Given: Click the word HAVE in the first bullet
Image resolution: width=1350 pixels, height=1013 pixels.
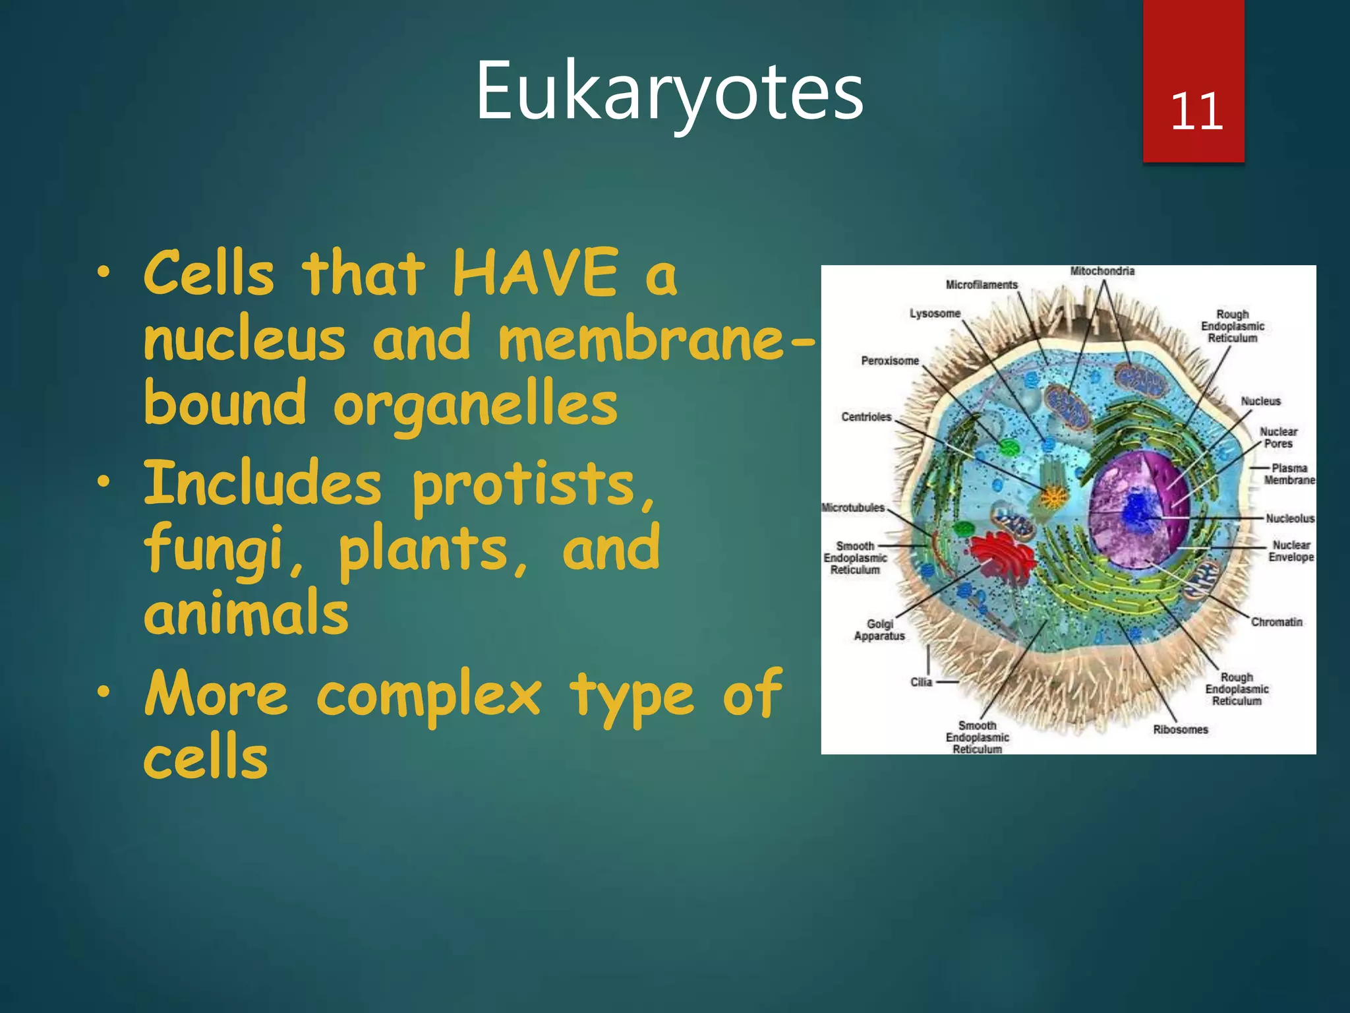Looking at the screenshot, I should coord(535,273).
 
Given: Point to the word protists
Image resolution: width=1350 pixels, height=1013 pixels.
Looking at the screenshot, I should coord(524,484).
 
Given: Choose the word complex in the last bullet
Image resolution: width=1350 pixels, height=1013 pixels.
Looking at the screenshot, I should coord(428,694).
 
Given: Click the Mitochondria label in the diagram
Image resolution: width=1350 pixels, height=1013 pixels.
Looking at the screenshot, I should coord(1102,271).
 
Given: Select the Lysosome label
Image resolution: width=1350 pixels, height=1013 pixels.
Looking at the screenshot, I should coord(935,313).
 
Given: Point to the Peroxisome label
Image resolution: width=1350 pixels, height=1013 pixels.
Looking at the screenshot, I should coord(889,361).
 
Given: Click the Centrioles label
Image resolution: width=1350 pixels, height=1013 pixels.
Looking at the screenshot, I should coord(866,417).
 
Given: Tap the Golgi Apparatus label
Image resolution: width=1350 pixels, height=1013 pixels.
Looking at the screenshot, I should coord(879,630).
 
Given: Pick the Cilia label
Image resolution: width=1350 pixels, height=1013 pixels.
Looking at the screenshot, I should coord(921,682).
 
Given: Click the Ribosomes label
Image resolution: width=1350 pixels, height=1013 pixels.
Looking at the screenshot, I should coord(1180,729).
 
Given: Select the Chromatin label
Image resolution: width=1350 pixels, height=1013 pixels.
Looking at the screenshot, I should coord(1276,622).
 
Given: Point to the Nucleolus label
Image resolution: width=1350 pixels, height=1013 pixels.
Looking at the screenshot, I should coord(1289,518).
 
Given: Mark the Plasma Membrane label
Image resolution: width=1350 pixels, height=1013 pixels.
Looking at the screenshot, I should coord(1289,474).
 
